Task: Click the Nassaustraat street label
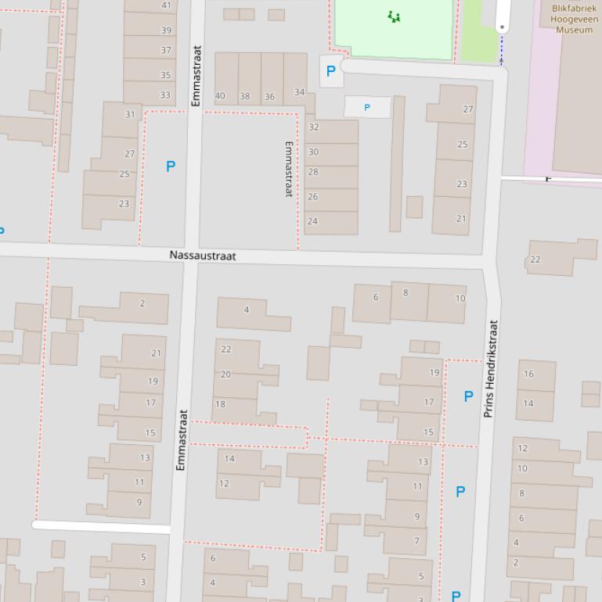pos(202,256)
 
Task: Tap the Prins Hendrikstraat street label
pos(491,367)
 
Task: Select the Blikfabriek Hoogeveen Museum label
pos(574,19)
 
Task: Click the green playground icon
pos(395,16)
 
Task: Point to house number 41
pos(166,5)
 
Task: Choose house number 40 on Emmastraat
pos(220,97)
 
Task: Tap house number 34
pos(299,92)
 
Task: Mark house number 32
pos(314,127)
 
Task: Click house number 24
pos(312,221)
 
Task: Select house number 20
pos(225,374)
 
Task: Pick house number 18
pos(220,404)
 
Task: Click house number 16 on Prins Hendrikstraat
pos(528,374)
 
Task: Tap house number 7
pos(416,540)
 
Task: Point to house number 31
pos(130,114)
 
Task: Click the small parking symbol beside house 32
pos(367,107)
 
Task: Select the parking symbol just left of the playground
pos(330,71)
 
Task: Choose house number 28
pos(313,172)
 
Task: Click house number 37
pos(166,50)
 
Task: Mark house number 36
pos(269,97)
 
